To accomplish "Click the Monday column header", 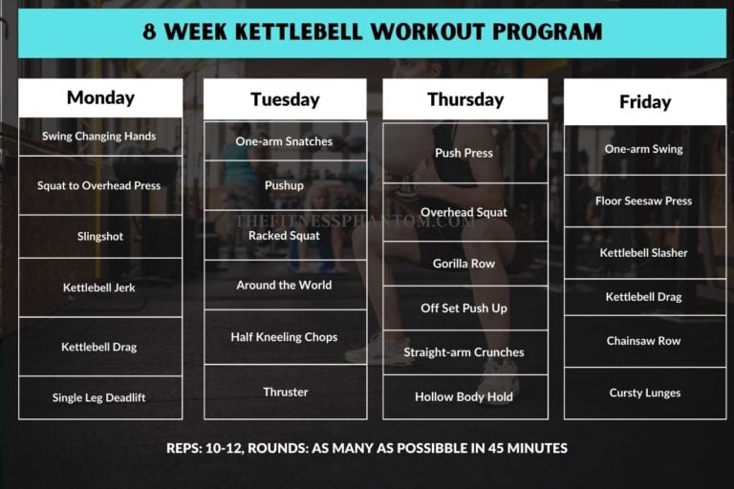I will [x=100, y=97].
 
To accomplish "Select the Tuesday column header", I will [x=284, y=99].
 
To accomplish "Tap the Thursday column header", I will [x=464, y=99].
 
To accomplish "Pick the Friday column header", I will [x=644, y=102].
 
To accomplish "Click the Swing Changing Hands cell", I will [x=99, y=137].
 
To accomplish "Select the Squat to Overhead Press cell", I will [x=99, y=185].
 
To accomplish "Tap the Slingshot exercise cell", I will [x=99, y=236].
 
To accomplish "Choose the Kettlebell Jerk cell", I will [x=99, y=287].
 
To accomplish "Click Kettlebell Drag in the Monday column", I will [x=99, y=347].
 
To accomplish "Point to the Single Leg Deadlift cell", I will [x=99, y=397].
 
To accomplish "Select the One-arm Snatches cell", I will [x=284, y=141].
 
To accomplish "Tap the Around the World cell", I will [x=284, y=285].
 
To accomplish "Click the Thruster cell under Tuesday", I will [x=285, y=392].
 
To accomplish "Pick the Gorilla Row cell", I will [x=464, y=264].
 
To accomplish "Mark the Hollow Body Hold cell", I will [x=464, y=396].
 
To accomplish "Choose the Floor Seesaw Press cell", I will [x=644, y=201].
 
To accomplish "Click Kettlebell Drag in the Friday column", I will [x=644, y=297].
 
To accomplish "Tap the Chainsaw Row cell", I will [x=644, y=341].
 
